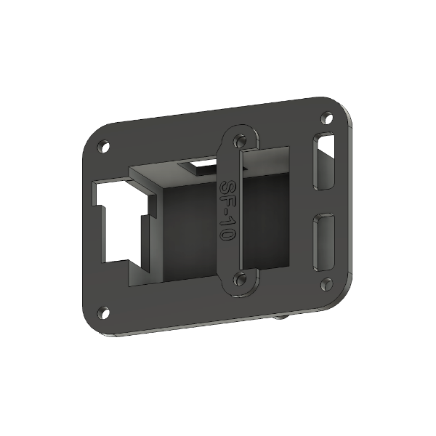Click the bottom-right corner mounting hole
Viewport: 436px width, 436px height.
[326, 283]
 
